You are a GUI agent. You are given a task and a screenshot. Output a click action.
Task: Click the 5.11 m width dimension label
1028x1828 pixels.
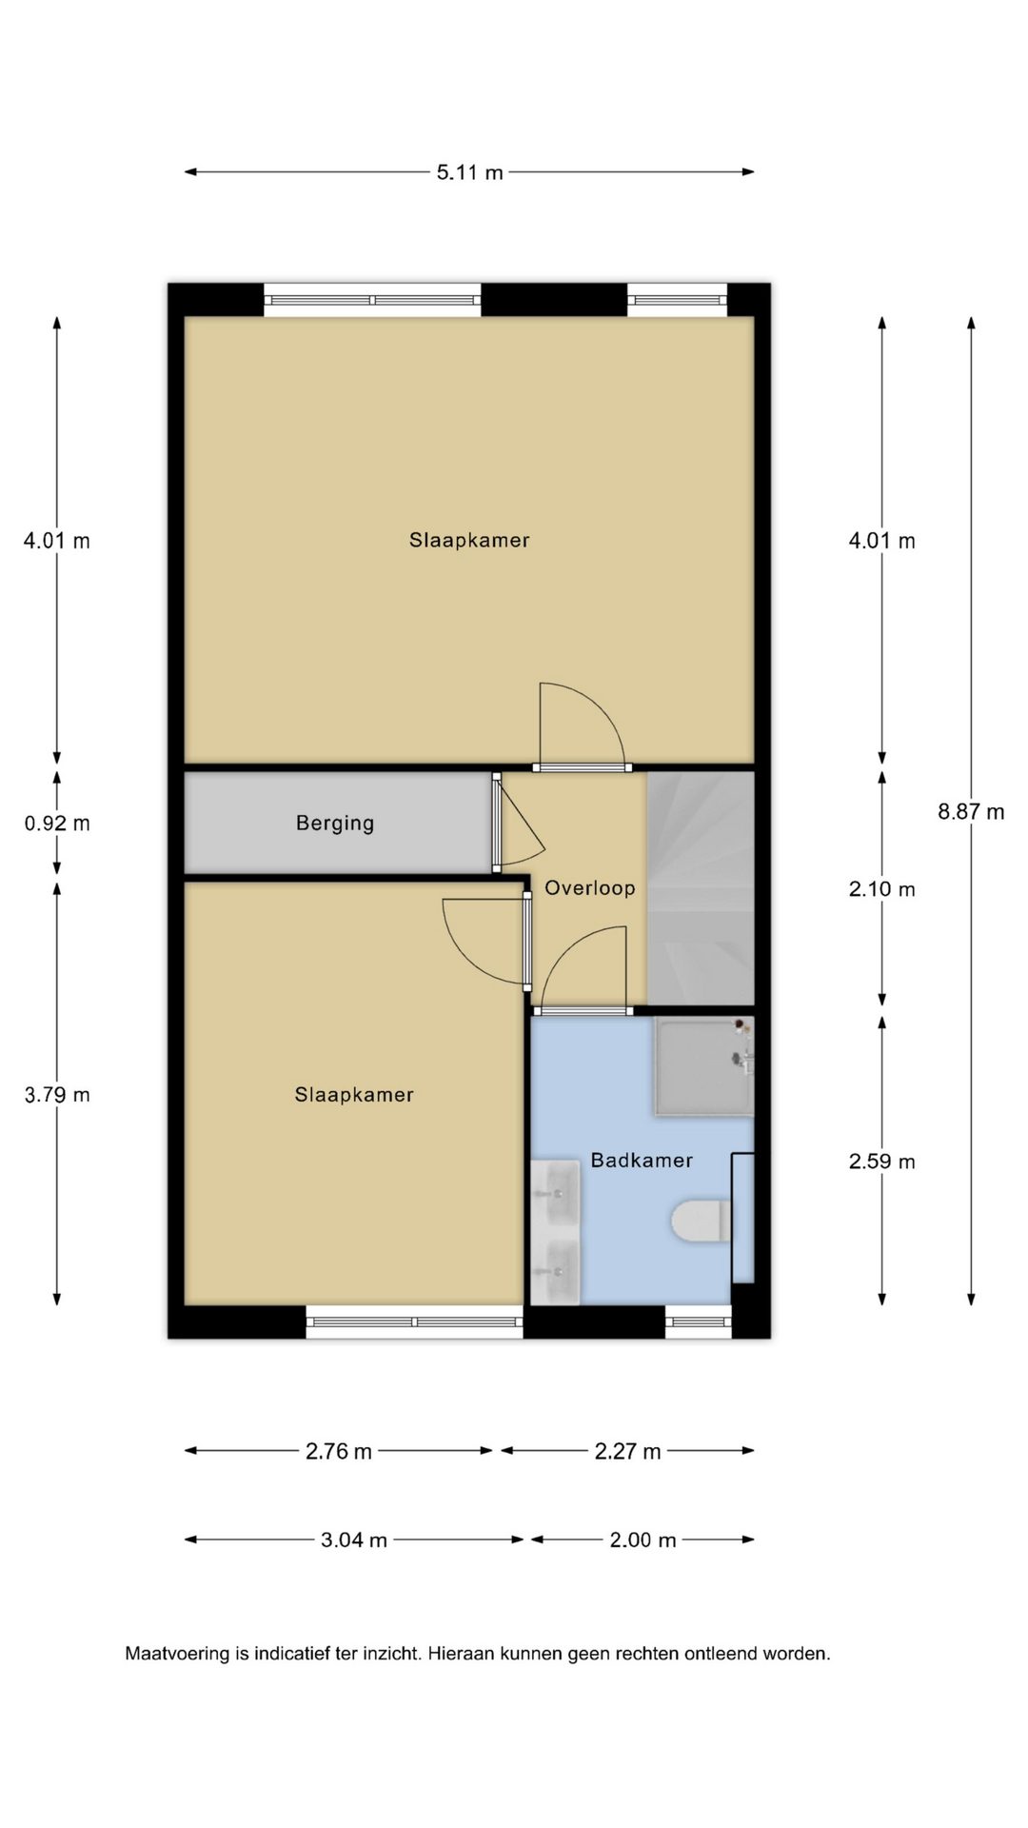tap(469, 172)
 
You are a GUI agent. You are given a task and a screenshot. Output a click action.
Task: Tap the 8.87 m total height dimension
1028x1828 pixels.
tap(971, 812)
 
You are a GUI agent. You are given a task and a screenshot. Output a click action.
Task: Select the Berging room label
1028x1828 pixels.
tap(335, 824)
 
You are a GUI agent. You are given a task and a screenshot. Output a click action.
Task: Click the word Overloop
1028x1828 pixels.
tap(589, 888)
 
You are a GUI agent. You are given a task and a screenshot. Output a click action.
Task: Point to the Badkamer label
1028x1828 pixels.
tap(642, 1161)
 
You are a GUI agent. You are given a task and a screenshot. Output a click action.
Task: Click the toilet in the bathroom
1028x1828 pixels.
tap(702, 1222)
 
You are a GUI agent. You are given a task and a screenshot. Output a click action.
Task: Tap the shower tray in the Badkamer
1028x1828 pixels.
tap(703, 1065)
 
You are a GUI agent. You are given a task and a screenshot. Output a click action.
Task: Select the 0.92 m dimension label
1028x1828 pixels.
tap(57, 824)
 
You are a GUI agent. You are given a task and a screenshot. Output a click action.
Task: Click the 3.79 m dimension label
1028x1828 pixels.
tap(57, 1095)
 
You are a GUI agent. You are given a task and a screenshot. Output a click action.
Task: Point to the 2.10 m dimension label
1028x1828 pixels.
tap(882, 889)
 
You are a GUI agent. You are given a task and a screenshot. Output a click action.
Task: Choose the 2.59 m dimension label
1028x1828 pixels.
tap(882, 1162)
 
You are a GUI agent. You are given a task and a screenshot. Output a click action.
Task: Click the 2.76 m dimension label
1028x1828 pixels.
tap(339, 1452)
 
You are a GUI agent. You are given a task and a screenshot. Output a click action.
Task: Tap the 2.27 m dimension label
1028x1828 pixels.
tap(627, 1452)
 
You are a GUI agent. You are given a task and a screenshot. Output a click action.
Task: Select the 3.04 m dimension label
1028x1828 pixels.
tap(354, 1540)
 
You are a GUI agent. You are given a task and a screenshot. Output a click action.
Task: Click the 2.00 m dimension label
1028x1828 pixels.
tap(642, 1540)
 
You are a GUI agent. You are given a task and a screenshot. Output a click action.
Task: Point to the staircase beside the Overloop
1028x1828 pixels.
tap(701, 887)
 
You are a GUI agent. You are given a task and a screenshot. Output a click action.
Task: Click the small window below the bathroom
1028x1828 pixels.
tap(698, 1321)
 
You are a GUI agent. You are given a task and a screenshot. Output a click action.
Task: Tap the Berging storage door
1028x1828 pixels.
tap(497, 822)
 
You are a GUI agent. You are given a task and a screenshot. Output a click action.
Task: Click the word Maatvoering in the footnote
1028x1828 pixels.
tap(178, 1654)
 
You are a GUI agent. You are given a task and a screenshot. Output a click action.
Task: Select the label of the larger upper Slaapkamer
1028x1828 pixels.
tap(469, 541)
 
